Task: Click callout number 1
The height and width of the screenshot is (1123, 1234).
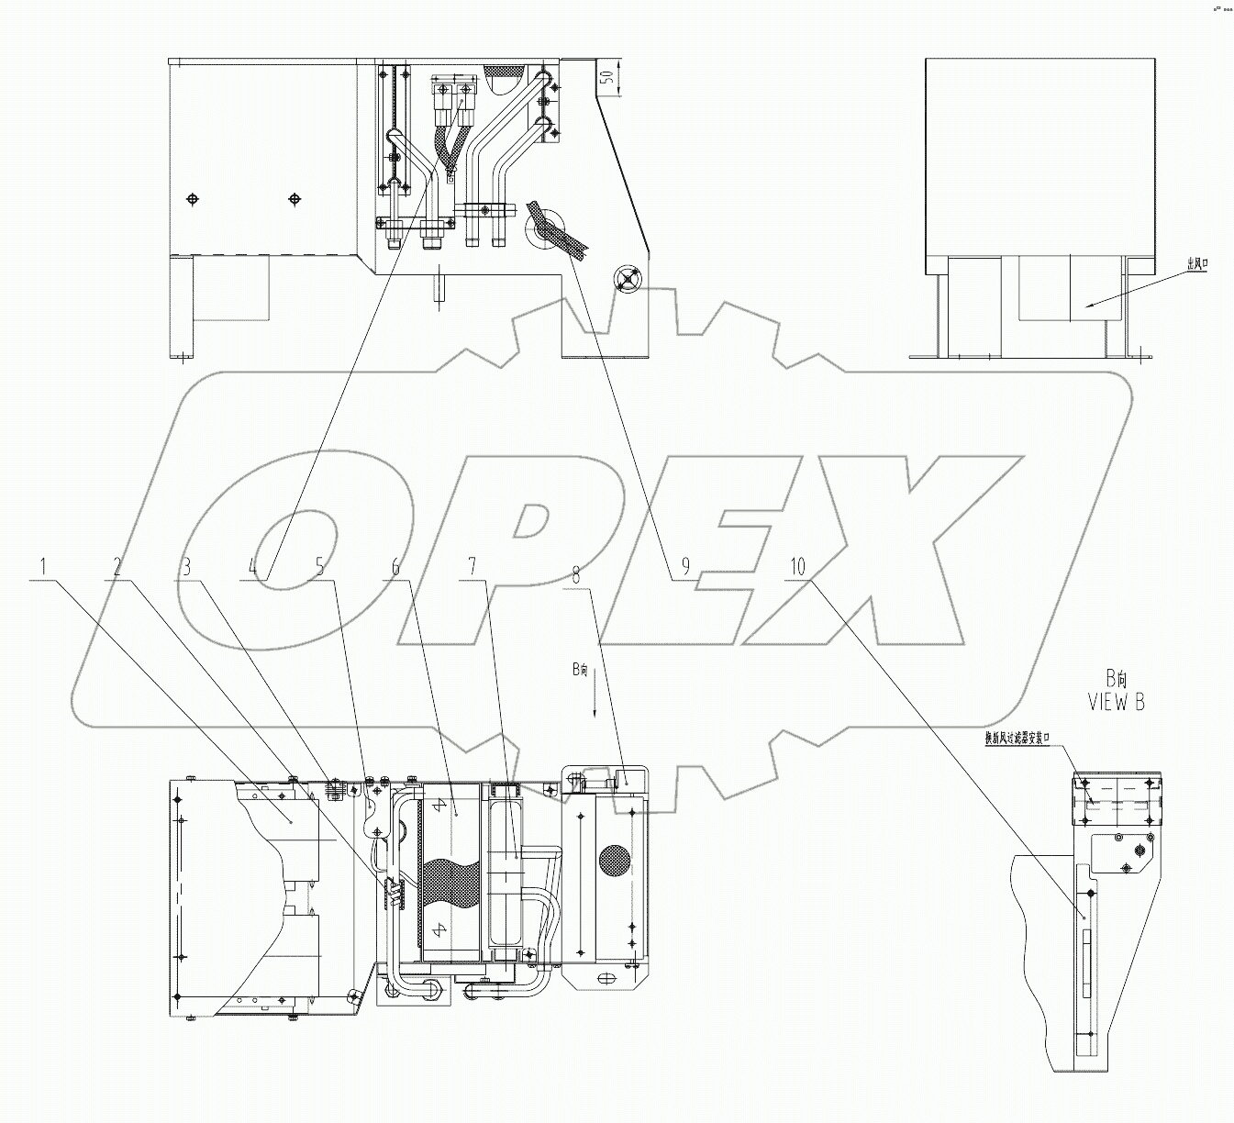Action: coord(41,568)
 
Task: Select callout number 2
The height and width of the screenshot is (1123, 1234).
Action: coord(116,568)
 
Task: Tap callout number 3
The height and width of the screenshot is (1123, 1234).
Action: coord(186,568)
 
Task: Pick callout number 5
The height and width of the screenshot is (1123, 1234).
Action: coord(319,568)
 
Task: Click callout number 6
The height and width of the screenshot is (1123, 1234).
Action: coord(395,568)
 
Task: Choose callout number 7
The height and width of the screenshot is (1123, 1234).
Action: coord(472,568)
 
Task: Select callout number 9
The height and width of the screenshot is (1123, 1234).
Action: coord(684,568)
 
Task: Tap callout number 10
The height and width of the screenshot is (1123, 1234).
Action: coord(797,568)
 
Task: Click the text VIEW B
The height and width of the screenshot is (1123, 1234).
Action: coord(1116,703)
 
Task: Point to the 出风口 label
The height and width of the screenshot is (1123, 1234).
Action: coord(1196,264)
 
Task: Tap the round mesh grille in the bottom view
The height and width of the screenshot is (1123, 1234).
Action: coord(615,861)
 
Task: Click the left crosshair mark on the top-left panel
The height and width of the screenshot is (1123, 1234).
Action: coord(192,199)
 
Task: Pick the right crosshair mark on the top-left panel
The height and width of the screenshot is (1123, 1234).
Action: coord(295,199)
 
